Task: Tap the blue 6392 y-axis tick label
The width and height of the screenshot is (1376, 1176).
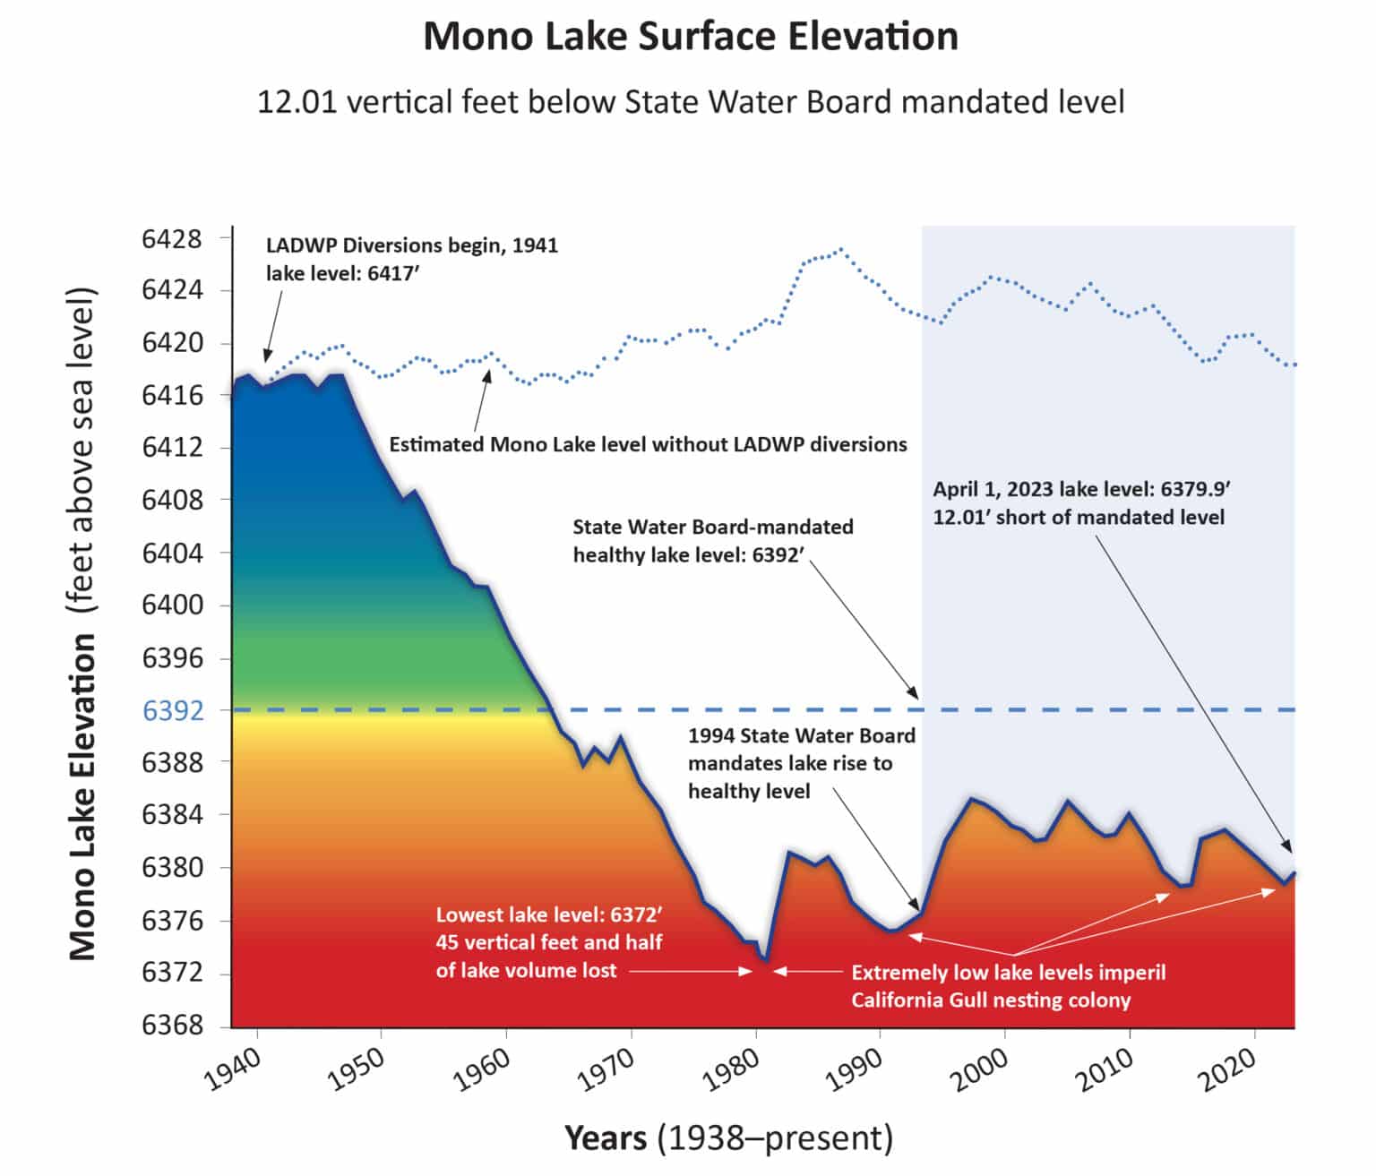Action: click(x=172, y=711)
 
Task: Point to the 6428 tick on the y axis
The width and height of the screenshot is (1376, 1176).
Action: click(x=172, y=239)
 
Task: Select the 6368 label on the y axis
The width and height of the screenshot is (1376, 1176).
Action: click(x=172, y=1026)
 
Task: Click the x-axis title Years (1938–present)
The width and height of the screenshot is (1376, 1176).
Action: click(x=728, y=1138)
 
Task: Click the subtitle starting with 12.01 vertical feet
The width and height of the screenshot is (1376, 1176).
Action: click(x=690, y=102)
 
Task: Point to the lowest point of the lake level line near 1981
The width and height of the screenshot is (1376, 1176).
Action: click(x=766, y=960)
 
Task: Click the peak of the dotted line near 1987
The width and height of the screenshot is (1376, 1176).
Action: click(x=840, y=250)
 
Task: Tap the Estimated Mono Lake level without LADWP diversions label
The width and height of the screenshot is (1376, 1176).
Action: click(x=648, y=444)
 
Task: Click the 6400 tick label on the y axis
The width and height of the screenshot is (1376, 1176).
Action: click(x=172, y=605)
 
